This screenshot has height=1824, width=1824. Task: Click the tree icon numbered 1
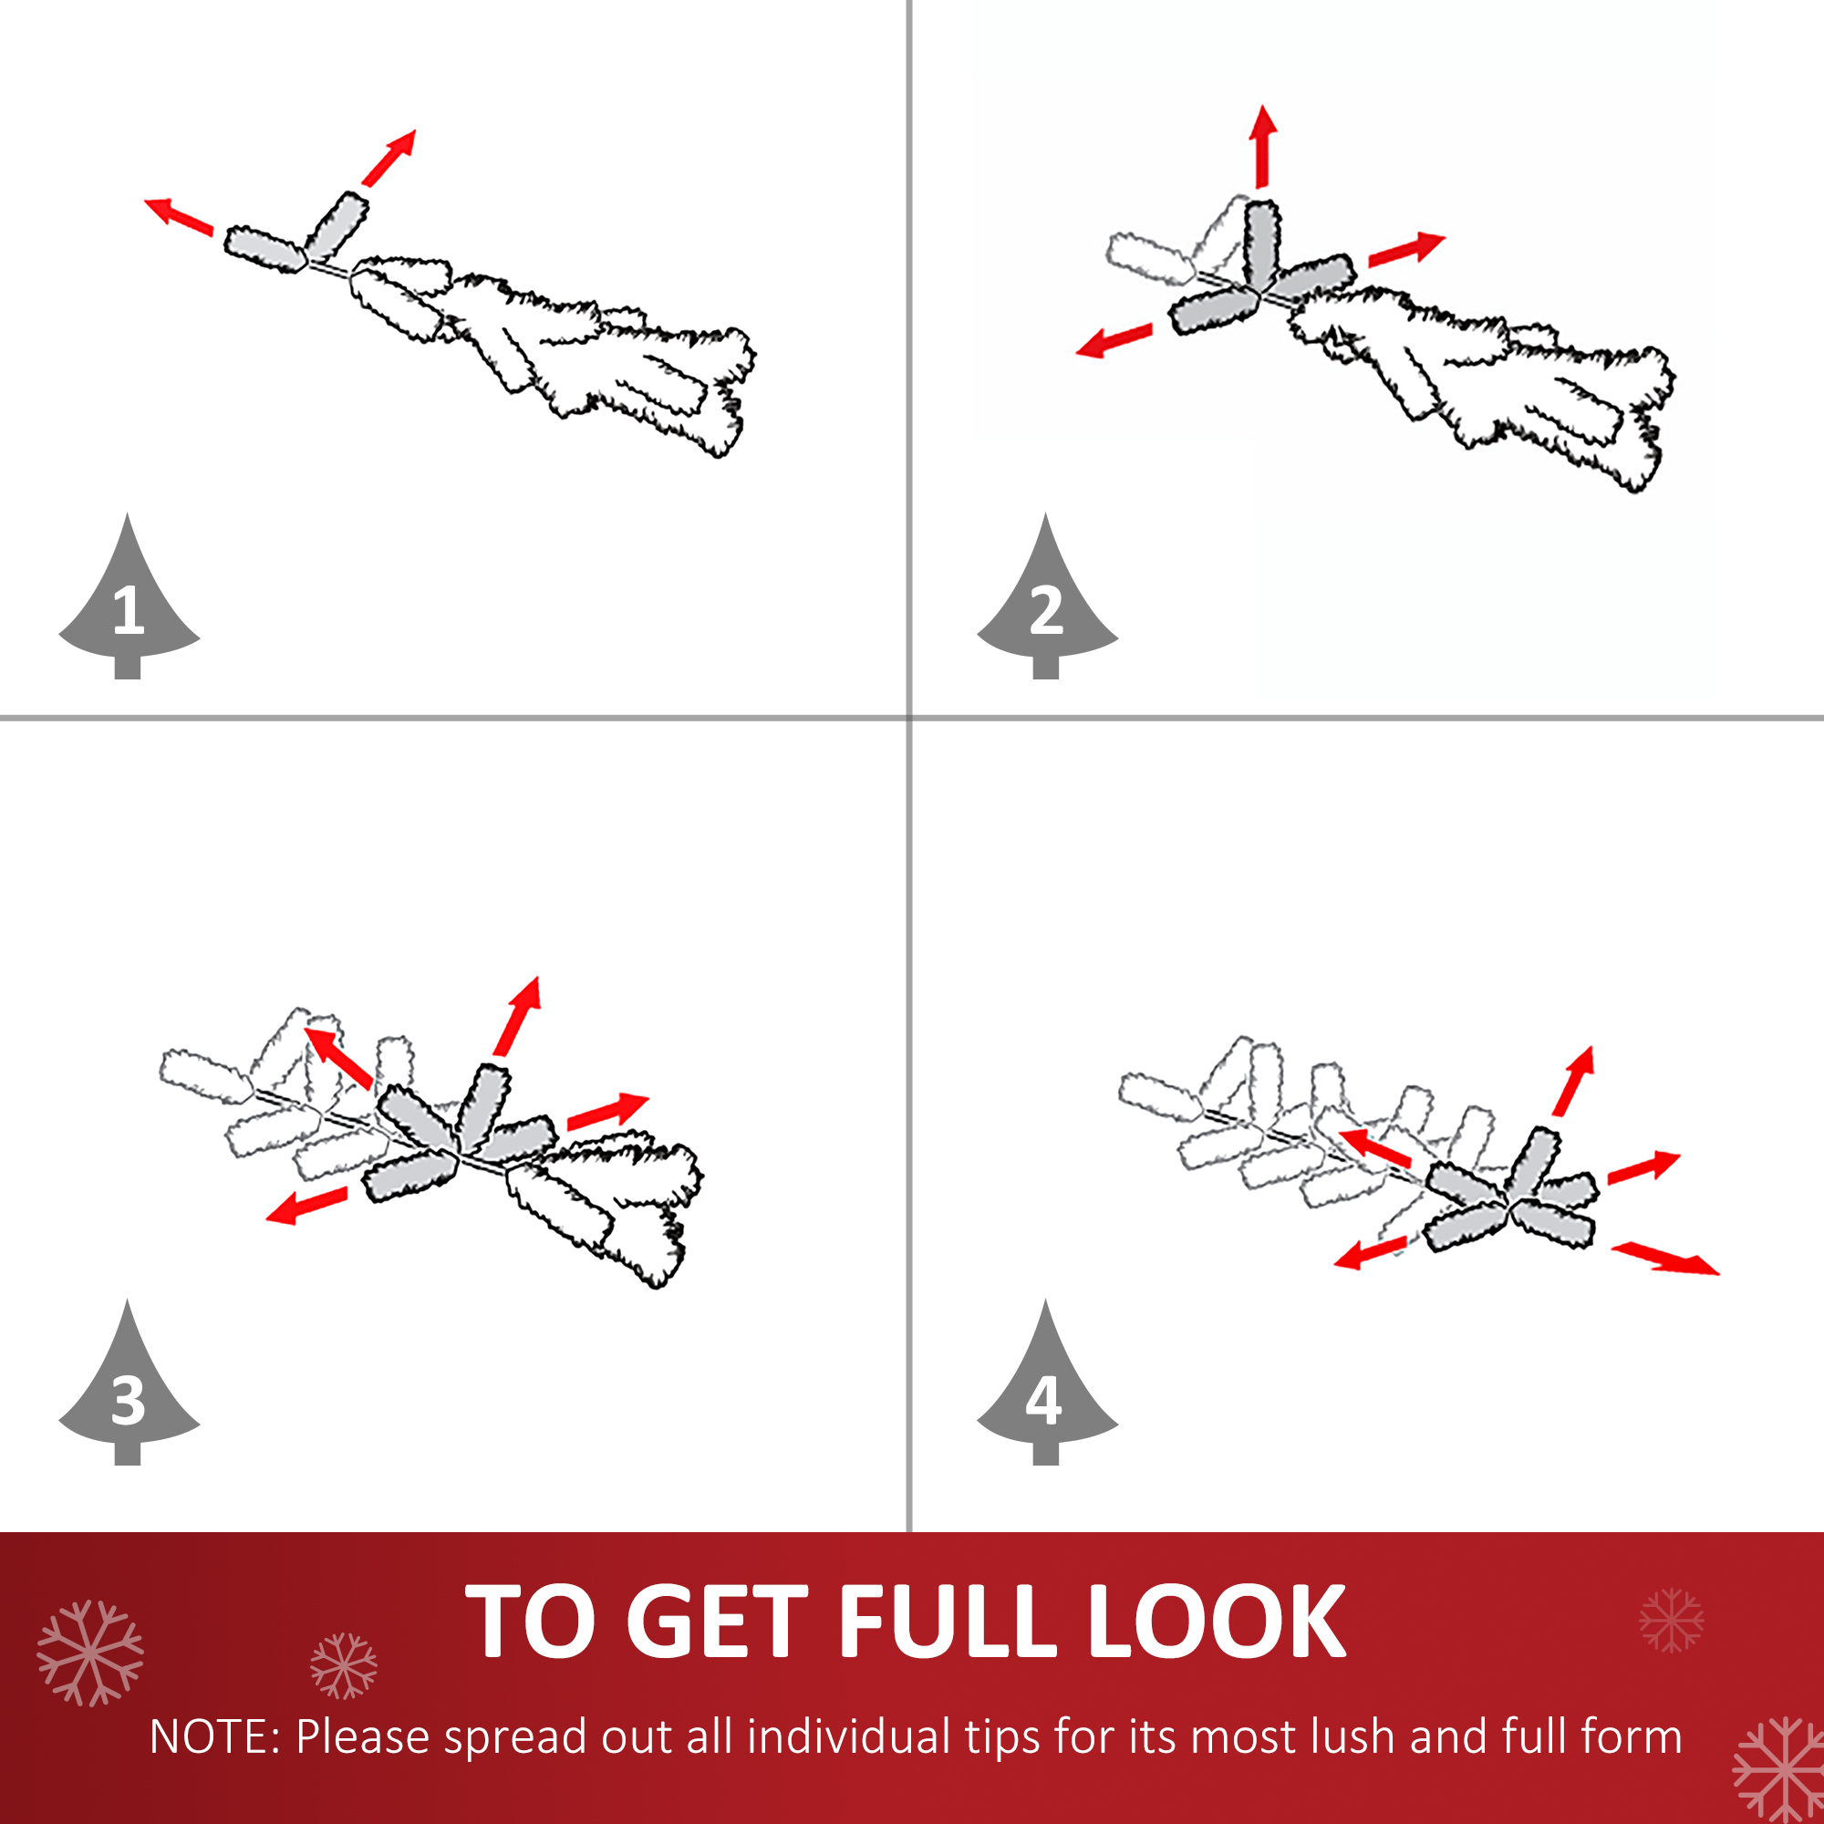tap(129, 605)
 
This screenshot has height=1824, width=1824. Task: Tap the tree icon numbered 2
tap(1046, 605)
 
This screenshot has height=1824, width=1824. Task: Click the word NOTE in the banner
tap(210, 1737)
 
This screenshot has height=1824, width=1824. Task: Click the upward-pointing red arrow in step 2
tap(1263, 146)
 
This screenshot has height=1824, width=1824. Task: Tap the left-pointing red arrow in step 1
tap(179, 215)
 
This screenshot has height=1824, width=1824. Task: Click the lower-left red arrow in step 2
tap(1114, 341)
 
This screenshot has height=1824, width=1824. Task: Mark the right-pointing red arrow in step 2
tap(1406, 249)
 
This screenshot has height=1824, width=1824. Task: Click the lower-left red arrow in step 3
tap(306, 1206)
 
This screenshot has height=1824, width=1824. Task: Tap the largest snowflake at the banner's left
tap(89, 1653)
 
